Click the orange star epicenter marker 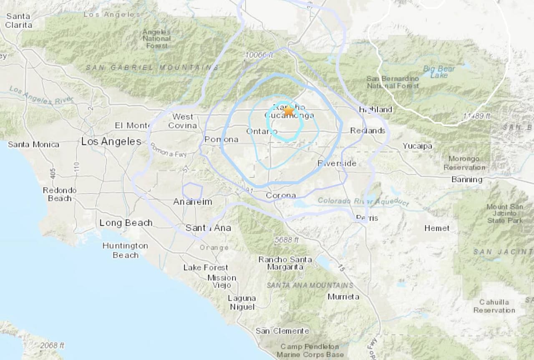point(288,111)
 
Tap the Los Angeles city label point(111,141)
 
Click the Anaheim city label point(192,202)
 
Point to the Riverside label point(337,163)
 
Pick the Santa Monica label point(33,144)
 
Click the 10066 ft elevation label point(259,55)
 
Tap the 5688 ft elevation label point(287,240)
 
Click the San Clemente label point(282,331)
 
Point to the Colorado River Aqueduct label point(363,201)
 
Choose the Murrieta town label point(343,297)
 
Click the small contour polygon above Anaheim point(193,191)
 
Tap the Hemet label point(437,228)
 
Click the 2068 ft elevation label point(52,345)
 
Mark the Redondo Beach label point(60,194)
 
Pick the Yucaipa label point(417,146)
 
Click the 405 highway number point(53,174)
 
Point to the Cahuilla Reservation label point(494,306)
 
